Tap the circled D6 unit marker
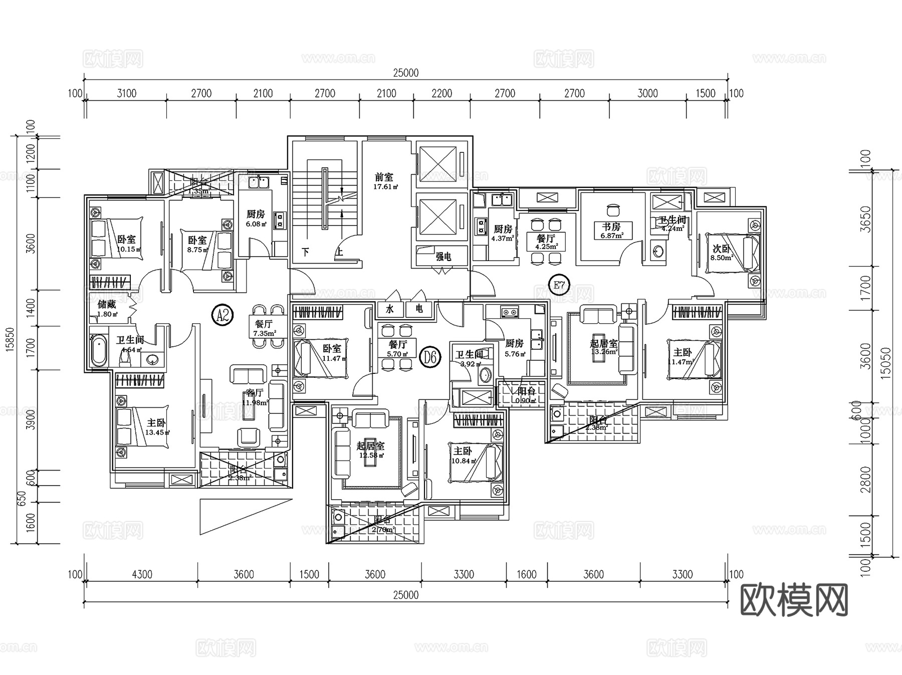[430, 357]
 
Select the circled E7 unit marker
[559, 286]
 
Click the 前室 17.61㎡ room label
[384, 181]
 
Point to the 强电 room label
[443, 257]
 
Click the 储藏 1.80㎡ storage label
[107, 308]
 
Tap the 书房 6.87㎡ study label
[611, 230]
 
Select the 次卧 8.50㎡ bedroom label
[722, 253]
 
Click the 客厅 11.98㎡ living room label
[255, 397]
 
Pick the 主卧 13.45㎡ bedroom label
[156, 427]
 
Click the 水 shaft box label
[390, 309]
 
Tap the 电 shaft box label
[419, 309]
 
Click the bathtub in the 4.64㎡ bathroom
[99, 350]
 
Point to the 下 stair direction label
[305, 252]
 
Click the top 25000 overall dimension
[405, 73]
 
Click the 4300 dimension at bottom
[142, 574]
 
